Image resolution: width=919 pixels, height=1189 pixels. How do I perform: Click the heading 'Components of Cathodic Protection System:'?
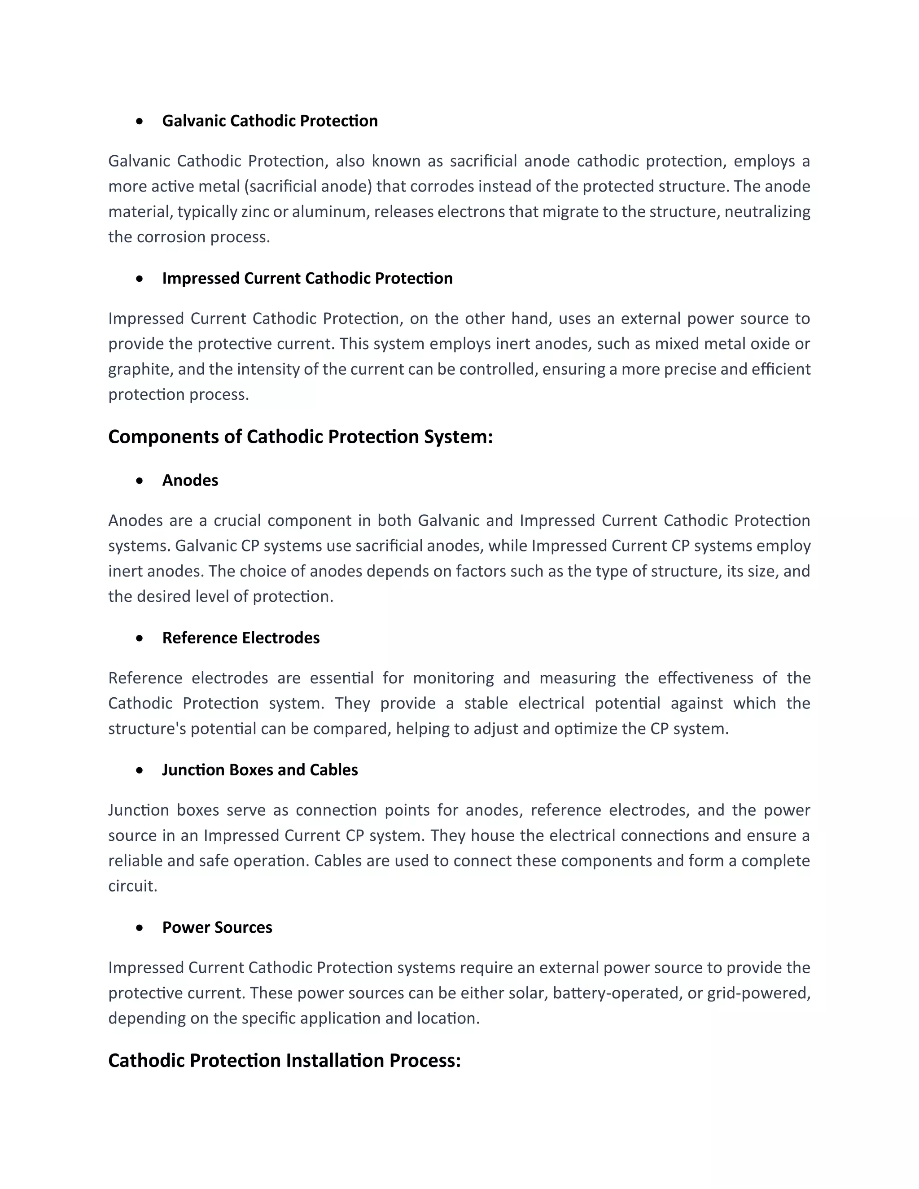pyautogui.click(x=300, y=437)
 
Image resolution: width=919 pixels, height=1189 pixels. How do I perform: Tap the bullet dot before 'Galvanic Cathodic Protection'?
pyautogui.click(x=140, y=122)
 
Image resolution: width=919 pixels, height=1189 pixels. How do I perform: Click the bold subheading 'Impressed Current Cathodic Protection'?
pyautogui.click(x=307, y=278)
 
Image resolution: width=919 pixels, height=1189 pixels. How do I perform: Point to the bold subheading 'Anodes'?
pyautogui.click(x=190, y=480)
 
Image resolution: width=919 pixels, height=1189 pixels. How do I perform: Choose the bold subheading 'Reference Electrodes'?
pyautogui.click(x=241, y=638)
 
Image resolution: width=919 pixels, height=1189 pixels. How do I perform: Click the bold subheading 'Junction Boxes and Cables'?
pyautogui.click(x=260, y=770)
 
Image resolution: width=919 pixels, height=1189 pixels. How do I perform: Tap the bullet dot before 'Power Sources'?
pyautogui.click(x=140, y=928)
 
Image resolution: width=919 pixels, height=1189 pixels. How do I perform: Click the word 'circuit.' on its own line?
pyautogui.click(x=133, y=886)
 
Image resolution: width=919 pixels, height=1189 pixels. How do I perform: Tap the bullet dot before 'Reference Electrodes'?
pyautogui.click(x=140, y=638)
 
